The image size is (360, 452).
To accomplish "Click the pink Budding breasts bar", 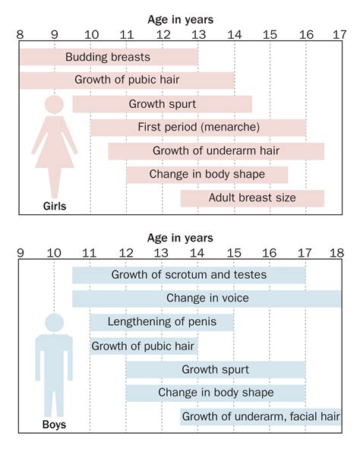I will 109,57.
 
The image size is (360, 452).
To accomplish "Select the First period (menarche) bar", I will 198,127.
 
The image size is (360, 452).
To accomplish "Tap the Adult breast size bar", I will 252,198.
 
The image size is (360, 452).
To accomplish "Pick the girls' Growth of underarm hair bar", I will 216,150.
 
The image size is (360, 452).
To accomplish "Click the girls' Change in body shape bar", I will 207,175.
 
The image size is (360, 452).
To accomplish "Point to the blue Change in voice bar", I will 207,299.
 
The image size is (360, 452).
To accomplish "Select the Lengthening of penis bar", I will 162,322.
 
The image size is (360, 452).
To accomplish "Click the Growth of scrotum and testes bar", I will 188,275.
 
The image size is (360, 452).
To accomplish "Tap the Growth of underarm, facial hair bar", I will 261,416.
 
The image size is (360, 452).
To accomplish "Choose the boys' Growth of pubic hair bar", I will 144,346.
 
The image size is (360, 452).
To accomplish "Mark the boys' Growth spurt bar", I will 215,370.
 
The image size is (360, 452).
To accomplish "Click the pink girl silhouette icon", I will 55,144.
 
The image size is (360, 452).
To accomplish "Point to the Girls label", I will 55,206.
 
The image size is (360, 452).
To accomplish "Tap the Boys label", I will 53,425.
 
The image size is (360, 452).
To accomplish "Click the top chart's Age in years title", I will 179,19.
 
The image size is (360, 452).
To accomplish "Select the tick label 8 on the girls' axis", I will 19,34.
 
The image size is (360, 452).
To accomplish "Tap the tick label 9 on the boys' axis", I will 20,252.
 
